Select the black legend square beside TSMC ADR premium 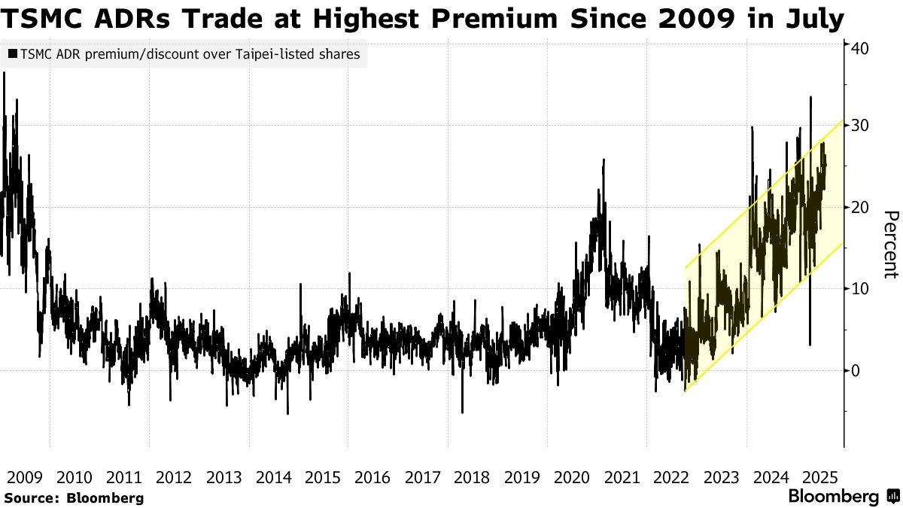pos(12,54)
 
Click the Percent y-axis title pos(890,245)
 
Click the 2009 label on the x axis pos(23,477)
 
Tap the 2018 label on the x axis pos(472,477)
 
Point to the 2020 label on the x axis pos(571,477)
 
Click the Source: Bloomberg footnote pos(74,497)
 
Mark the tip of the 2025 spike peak pos(810,97)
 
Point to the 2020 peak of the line pos(604,160)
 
